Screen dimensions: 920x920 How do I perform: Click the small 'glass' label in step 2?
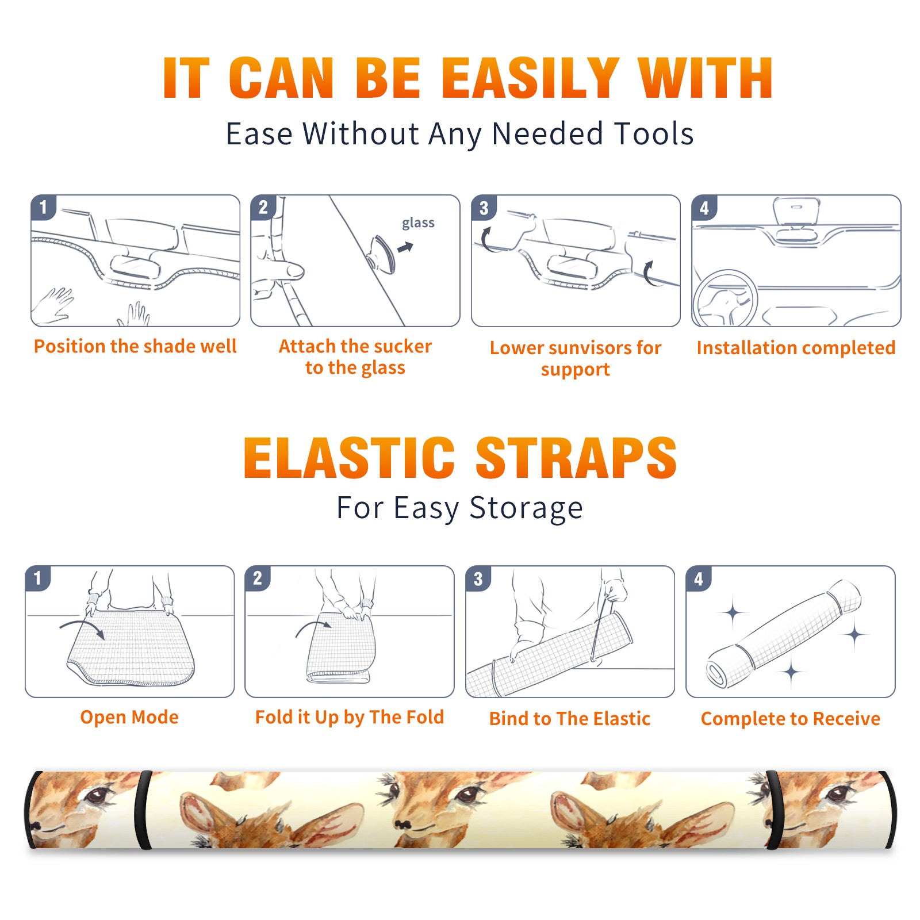[x=418, y=223]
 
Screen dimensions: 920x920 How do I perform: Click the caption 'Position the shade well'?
[x=135, y=346]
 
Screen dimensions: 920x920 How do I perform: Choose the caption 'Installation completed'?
[x=796, y=347]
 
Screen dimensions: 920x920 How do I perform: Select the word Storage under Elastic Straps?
[x=526, y=508]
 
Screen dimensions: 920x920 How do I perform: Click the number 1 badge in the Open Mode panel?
[x=38, y=578]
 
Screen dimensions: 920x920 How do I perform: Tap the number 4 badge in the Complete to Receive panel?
[x=699, y=578]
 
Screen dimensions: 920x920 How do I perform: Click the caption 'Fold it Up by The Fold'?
[x=350, y=717]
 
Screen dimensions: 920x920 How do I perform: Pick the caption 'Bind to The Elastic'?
[x=570, y=719]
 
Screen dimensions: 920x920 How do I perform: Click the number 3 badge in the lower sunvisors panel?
[x=484, y=208]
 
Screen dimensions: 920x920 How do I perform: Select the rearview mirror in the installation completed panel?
[x=796, y=211]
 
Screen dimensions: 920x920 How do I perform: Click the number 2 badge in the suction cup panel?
[x=263, y=208]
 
